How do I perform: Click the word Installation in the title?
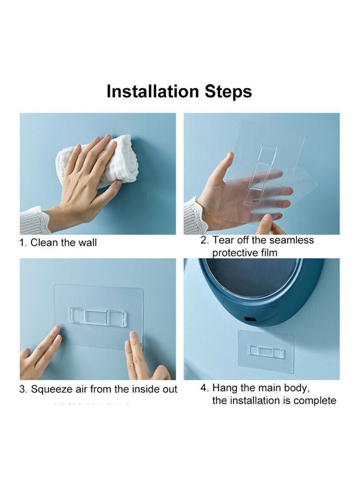(x=153, y=92)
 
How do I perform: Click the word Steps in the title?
(x=228, y=92)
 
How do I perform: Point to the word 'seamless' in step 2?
(x=291, y=240)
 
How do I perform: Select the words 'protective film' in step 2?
(x=245, y=253)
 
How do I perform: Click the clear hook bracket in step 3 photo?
(x=98, y=316)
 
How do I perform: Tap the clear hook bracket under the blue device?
(x=266, y=351)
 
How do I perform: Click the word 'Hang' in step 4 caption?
(x=224, y=388)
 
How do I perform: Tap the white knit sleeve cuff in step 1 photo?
(x=34, y=220)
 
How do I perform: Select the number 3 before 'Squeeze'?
(x=22, y=389)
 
